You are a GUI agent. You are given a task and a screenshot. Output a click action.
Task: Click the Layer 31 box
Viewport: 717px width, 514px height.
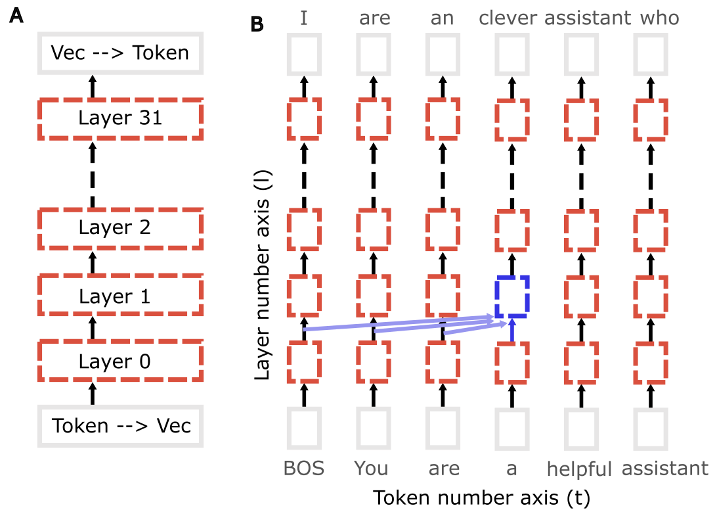tap(120, 118)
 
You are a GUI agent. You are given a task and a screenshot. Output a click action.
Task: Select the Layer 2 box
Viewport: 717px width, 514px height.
tap(120, 227)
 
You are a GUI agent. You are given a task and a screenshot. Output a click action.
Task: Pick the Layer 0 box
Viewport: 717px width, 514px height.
tap(120, 361)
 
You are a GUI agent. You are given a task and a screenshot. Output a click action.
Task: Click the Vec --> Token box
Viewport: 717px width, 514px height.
tap(120, 53)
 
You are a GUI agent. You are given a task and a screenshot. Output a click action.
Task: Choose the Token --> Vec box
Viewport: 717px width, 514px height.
tap(120, 426)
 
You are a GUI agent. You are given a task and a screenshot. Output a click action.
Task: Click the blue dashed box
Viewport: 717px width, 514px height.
tap(511, 296)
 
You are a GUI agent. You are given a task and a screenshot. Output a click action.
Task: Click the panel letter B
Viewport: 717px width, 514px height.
tap(258, 24)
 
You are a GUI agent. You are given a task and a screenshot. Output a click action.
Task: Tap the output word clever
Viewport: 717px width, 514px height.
tap(508, 18)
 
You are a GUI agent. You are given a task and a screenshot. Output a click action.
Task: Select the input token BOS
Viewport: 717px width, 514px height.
tap(303, 469)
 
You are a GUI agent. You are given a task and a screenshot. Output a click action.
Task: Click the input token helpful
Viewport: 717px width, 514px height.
tap(580, 469)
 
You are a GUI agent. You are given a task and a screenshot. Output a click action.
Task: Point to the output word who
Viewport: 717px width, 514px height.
tap(659, 18)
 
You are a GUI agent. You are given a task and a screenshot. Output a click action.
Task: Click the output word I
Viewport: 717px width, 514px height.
tap(303, 18)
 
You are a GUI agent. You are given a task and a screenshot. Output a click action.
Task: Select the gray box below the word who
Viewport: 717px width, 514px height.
tap(651, 53)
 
